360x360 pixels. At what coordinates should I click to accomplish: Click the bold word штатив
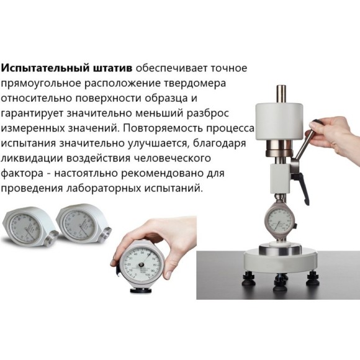click(111, 67)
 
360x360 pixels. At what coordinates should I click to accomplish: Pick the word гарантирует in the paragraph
click(29, 112)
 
